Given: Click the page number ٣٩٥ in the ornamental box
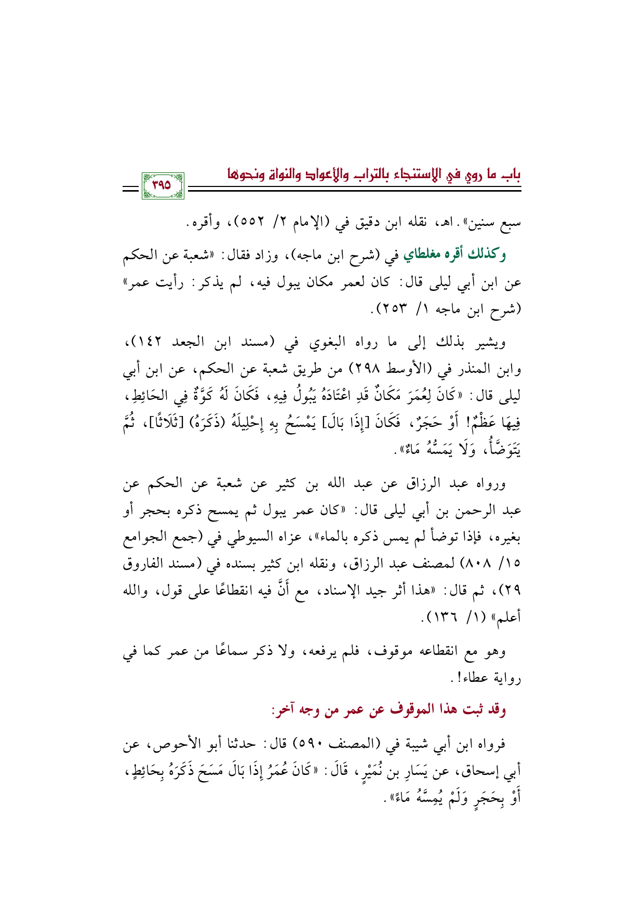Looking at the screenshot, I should click(x=163, y=185).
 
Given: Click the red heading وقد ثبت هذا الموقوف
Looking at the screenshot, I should click(x=389, y=709).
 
